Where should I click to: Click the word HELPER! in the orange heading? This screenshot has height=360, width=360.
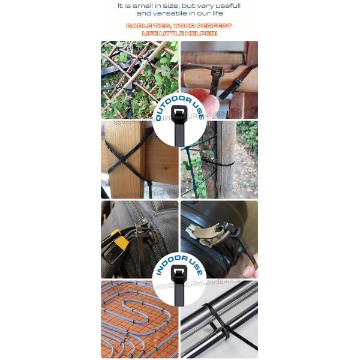click(208, 34)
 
